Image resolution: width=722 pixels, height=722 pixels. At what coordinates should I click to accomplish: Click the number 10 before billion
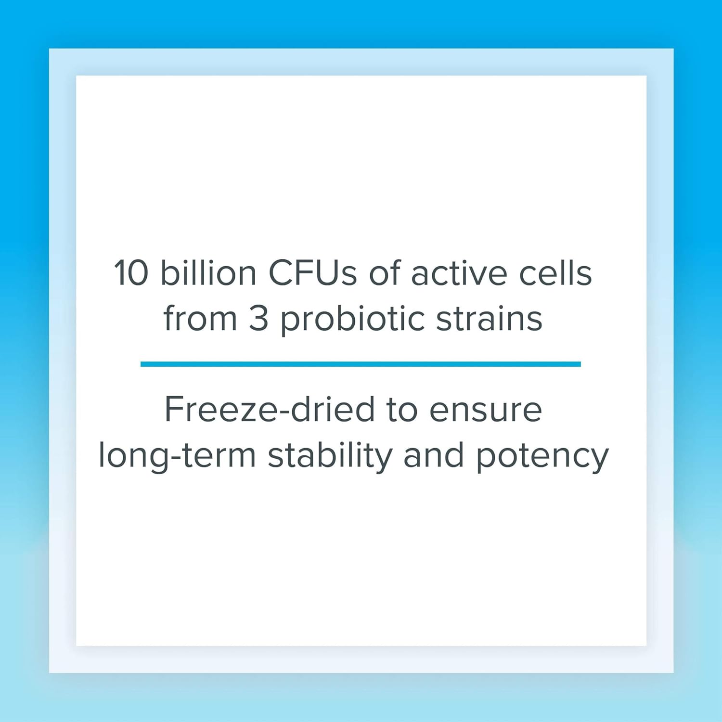coord(131,273)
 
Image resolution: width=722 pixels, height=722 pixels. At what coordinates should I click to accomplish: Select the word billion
coord(208,273)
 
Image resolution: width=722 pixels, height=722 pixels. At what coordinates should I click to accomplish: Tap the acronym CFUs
coord(312,273)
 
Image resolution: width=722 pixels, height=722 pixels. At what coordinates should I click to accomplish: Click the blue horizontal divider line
coord(361,364)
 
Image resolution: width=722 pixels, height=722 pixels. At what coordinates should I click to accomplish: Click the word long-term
coord(177,455)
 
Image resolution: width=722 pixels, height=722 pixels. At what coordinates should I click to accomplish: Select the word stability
coord(330,455)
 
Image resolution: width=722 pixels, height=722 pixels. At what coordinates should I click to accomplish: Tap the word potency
coord(542,456)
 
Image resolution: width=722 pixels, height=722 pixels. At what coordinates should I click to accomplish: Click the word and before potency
coord(434,455)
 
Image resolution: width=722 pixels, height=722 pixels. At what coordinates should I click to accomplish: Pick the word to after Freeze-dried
coord(401,410)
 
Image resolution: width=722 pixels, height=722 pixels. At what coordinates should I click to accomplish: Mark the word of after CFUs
coord(385,273)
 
